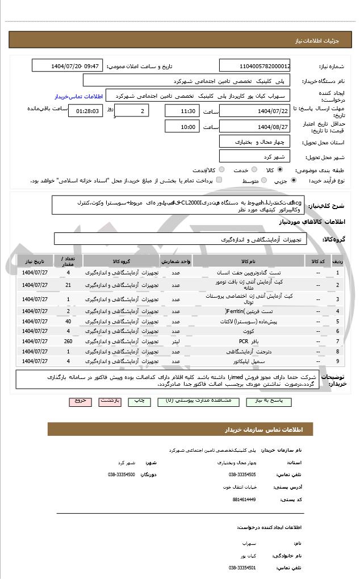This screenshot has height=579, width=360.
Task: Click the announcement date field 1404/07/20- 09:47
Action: (x=76, y=66)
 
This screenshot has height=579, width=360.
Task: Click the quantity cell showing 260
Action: (x=68, y=341)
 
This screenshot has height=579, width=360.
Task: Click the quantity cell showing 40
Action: (x=68, y=322)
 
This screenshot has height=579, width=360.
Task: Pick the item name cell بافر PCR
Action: (x=244, y=341)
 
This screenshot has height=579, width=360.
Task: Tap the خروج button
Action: (x=80, y=401)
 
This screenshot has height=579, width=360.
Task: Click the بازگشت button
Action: (x=110, y=401)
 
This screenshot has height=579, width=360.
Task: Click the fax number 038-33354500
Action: (x=122, y=474)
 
